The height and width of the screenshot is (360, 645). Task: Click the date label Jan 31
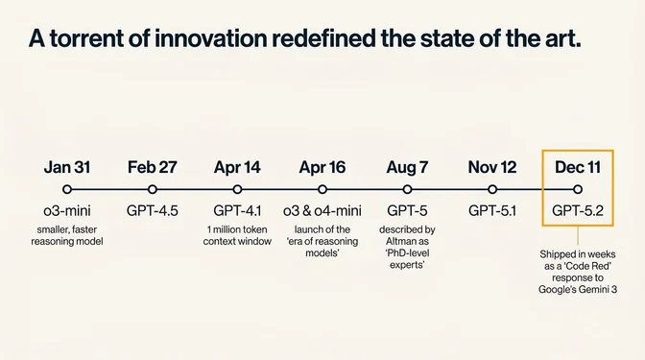66,167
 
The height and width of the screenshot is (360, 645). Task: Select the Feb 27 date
152,167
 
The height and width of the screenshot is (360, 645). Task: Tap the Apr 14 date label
237,167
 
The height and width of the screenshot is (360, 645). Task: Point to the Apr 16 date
322,167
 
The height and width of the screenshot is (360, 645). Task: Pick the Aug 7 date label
408,167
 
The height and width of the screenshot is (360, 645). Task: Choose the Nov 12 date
492,167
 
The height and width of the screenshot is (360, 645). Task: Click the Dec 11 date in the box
578,167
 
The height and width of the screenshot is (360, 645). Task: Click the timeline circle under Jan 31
66,190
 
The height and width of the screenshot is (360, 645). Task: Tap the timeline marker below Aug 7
408,190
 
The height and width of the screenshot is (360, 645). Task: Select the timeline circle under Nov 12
492,190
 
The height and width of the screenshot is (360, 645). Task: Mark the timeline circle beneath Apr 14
237,190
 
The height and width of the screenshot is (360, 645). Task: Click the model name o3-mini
66,210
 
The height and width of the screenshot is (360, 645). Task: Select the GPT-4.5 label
152,210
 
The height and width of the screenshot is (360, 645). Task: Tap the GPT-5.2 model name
578,210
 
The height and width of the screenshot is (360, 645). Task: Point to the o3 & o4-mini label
322,210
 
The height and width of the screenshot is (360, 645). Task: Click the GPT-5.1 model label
492,210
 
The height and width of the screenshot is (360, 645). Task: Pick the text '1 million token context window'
237,235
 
